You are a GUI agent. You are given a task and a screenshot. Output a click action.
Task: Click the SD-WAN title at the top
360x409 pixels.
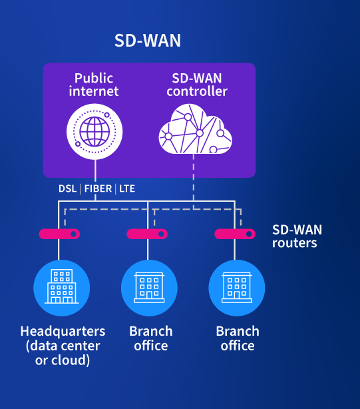148,41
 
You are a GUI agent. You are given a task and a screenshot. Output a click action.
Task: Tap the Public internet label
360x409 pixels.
94,85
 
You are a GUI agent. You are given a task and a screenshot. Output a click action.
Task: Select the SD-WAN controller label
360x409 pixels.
197,85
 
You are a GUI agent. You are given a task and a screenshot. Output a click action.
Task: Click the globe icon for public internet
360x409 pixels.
94,132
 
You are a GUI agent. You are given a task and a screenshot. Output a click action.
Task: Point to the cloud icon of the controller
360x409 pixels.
196,129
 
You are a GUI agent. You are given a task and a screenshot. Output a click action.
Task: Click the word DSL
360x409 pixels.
67,189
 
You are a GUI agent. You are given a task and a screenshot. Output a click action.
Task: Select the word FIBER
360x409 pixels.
98,189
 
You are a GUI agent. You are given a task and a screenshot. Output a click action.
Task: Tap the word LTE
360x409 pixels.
127,189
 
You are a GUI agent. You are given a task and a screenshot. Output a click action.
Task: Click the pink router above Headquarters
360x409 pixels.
59,234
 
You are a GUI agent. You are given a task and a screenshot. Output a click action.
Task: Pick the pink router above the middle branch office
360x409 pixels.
147,234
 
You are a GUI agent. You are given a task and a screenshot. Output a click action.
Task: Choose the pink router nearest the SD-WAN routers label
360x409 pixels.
235,234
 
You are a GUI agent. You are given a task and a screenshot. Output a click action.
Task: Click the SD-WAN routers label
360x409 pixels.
297,236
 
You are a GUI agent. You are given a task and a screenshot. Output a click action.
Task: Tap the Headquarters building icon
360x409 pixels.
62,288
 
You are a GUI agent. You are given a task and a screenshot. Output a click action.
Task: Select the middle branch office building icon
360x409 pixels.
149,288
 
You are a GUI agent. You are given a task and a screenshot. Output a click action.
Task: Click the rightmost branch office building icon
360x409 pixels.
237,288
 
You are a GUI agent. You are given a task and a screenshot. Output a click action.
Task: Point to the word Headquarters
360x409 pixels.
63,331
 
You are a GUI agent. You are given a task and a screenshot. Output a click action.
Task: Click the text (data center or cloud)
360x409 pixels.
63,353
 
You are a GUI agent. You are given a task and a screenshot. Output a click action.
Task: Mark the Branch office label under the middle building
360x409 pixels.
151,338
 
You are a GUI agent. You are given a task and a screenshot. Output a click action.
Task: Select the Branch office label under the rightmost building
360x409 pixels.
238,338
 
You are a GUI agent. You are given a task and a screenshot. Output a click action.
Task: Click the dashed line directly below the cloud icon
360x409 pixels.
194,182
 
